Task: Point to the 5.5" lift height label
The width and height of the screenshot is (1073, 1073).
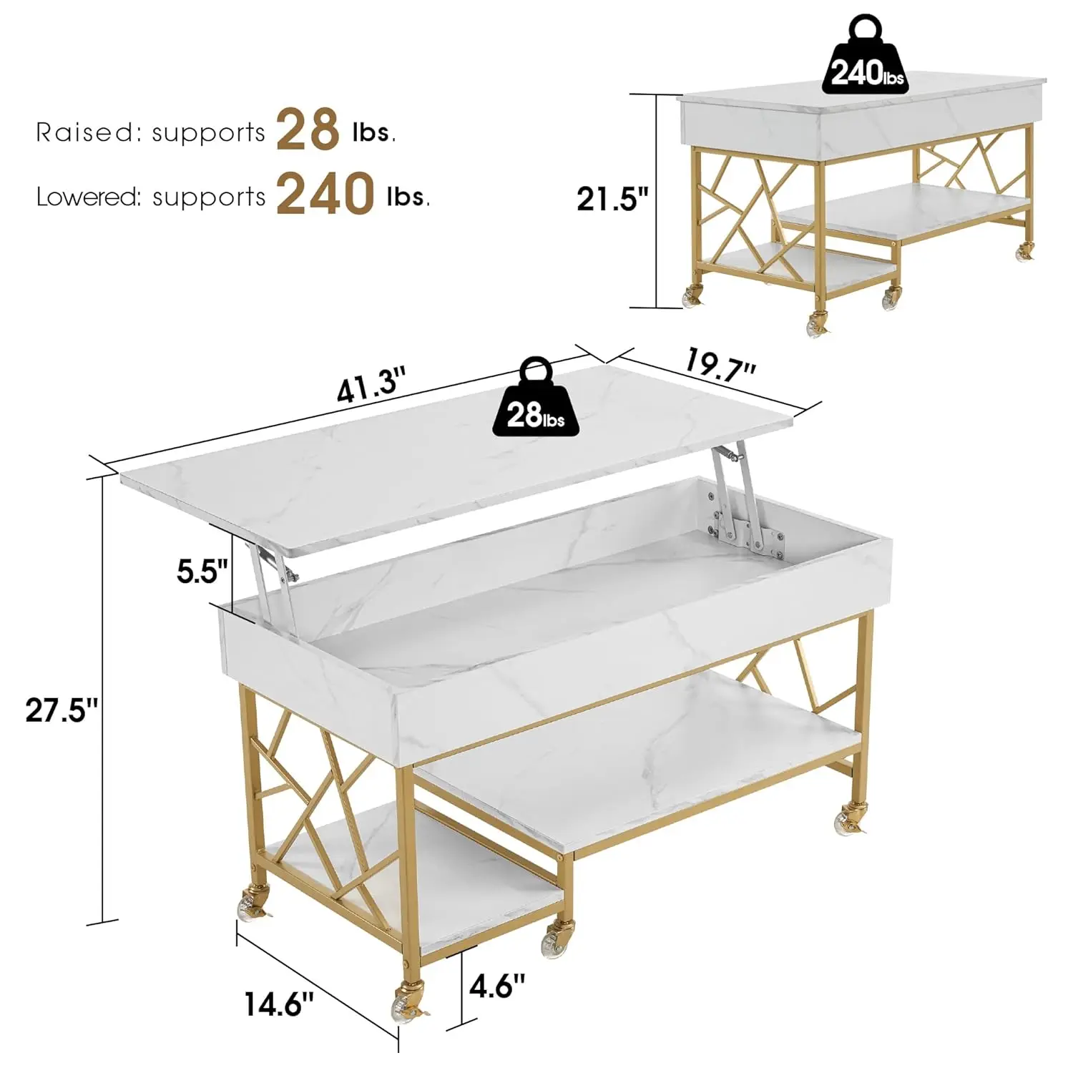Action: click(203, 571)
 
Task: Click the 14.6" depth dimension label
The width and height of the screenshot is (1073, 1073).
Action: click(279, 1003)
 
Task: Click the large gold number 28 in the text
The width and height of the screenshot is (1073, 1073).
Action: click(308, 130)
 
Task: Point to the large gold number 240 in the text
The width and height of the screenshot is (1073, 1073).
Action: click(325, 193)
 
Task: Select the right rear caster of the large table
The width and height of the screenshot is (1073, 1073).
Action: click(851, 820)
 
